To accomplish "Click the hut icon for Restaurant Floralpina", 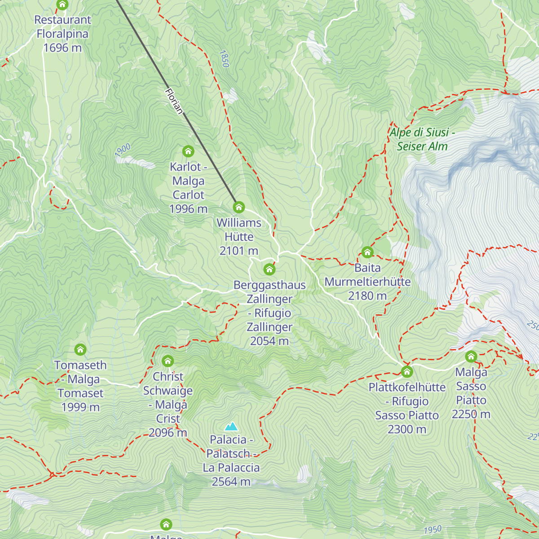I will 62,5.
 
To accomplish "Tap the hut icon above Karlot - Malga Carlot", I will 188,151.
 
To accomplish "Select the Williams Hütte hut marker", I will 239,207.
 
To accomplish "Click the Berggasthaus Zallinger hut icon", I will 269,269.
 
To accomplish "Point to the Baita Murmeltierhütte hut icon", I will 367,252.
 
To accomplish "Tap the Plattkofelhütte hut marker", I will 407,371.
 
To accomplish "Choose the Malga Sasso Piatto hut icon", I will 471,357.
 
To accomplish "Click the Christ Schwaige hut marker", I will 168,361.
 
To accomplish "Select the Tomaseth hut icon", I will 80,349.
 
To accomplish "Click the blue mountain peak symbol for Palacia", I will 231,426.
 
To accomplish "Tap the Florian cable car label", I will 174,101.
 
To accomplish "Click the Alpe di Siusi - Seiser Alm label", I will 422,139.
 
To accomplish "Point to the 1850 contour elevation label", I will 224,59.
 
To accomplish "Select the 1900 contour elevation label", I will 122,150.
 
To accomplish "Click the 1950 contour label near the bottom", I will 433,530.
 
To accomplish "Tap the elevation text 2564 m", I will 231,482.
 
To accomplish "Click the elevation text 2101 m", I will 239,251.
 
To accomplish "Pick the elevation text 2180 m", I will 367,296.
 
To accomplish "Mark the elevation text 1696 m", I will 62,48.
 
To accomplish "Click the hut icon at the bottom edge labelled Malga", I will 166,524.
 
